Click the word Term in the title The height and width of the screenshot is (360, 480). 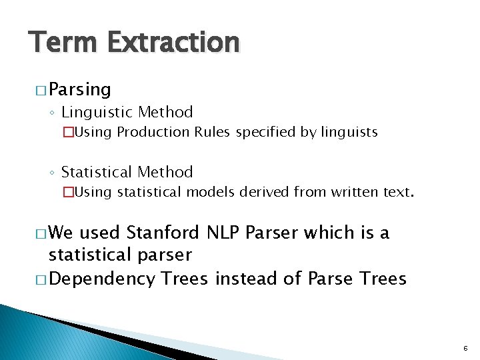63,43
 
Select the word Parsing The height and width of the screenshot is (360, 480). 80,90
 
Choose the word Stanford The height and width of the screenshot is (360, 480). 162,233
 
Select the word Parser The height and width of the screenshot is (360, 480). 272,233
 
